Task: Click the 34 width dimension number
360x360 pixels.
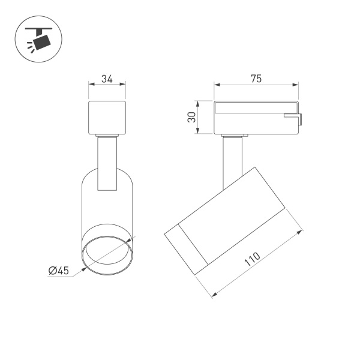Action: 107,78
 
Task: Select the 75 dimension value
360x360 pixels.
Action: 256,79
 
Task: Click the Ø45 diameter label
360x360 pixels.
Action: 59,271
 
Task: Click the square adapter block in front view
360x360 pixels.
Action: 107,118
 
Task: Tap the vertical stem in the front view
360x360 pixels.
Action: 107,162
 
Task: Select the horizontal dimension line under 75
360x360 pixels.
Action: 256,85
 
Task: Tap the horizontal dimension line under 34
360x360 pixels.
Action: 107,85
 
